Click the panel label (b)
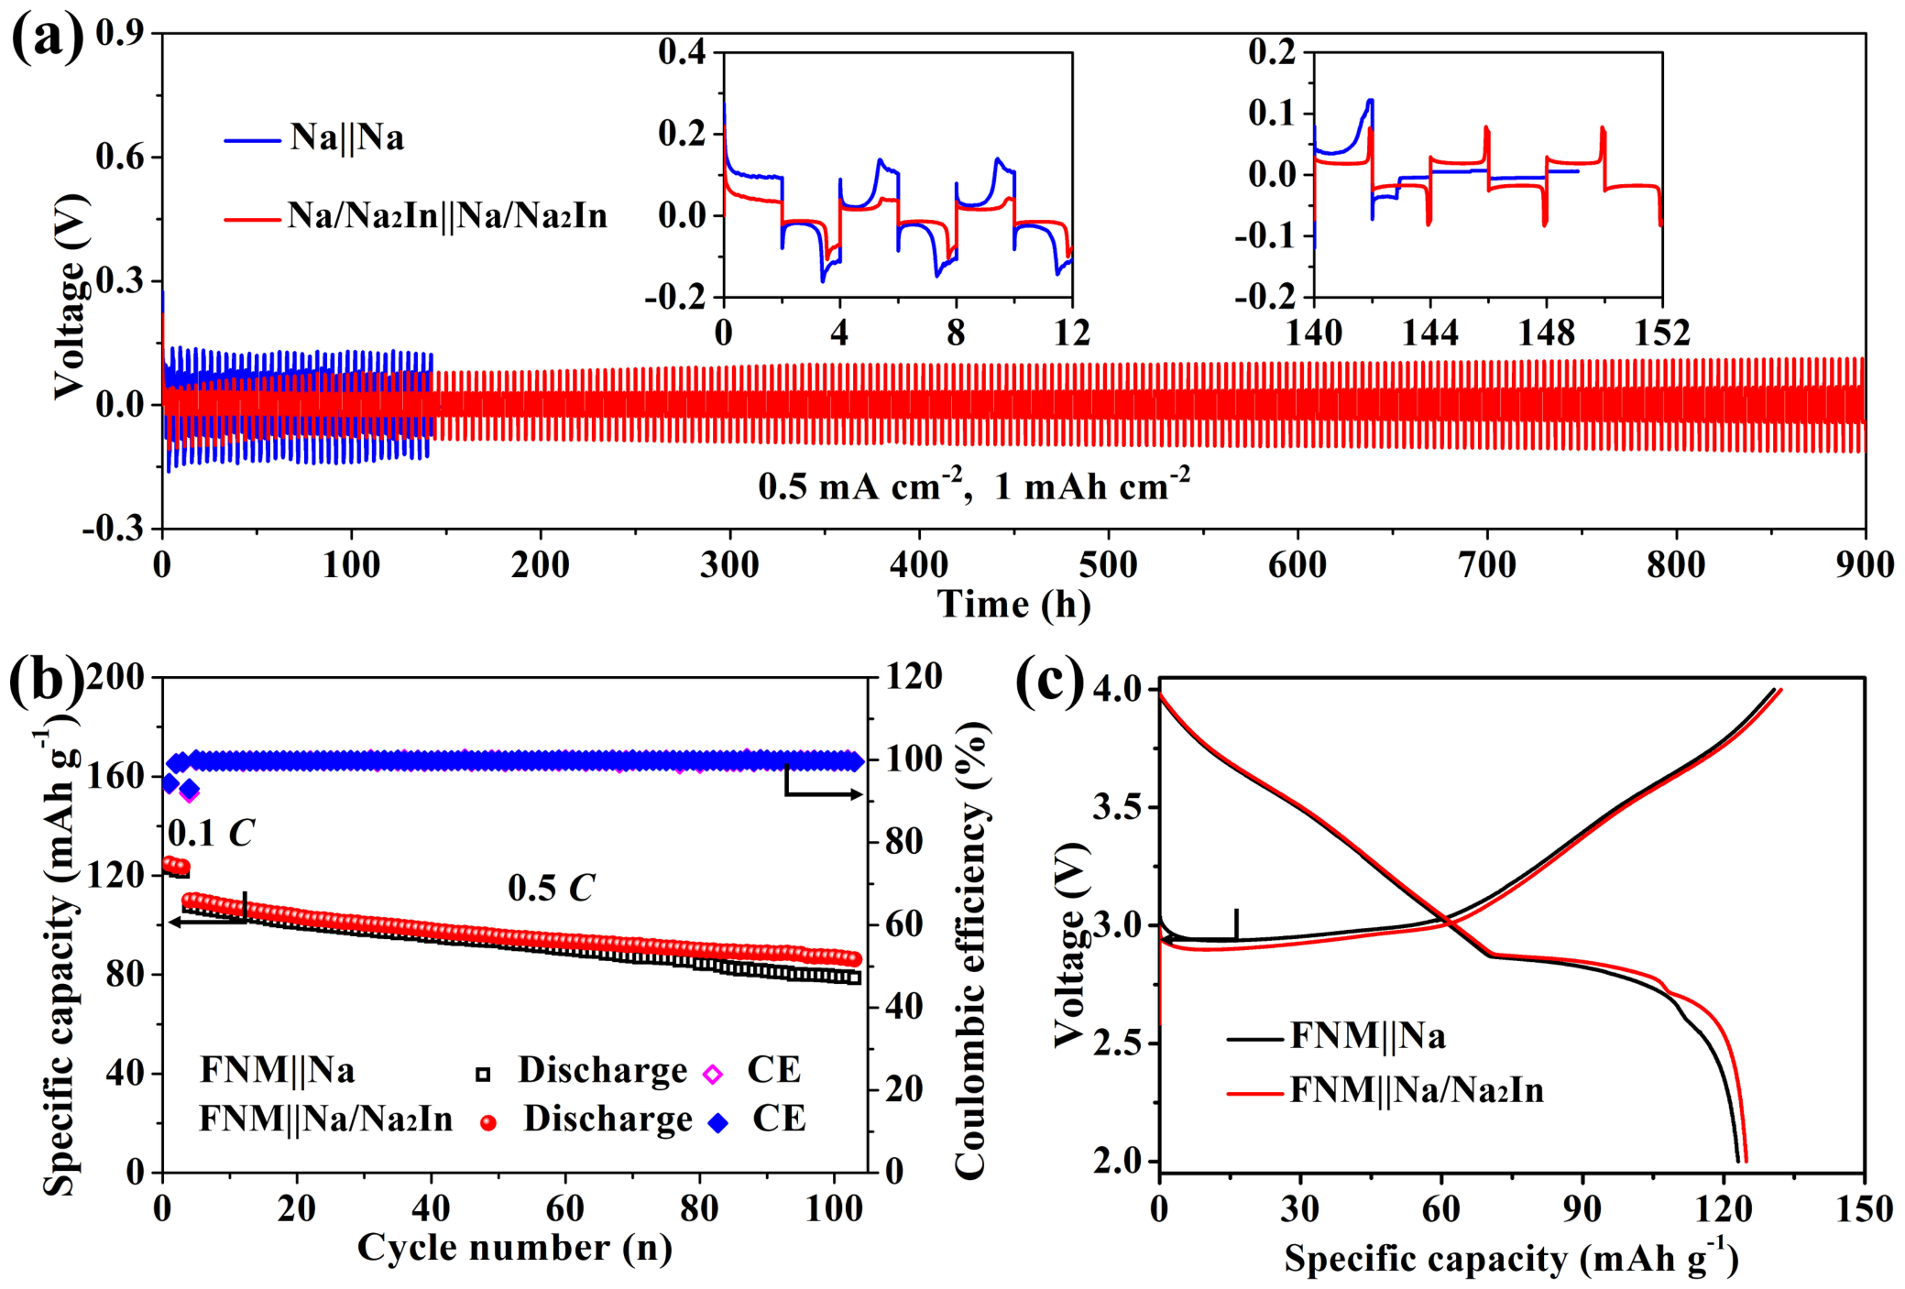[x=47, y=682]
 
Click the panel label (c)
[x=1051, y=682]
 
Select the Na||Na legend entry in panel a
[x=314, y=138]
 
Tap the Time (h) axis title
[x=1014, y=605]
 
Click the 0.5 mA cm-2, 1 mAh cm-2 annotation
[x=974, y=485]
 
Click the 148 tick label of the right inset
[x=1547, y=332]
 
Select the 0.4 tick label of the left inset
[x=683, y=51]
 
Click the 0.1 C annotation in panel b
[x=211, y=833]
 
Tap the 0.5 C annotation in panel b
[x=551, y=887]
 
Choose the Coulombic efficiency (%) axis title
[x=970, y=950]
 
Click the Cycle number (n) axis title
[x=515, y=1248]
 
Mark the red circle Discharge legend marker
[x=488, y=1122]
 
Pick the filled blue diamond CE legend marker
[x=718, y=1122]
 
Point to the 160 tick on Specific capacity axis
[x=116, y=776]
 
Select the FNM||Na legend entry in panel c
[x=1336, y=1036]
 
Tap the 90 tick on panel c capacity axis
[x=1582, y=1209]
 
